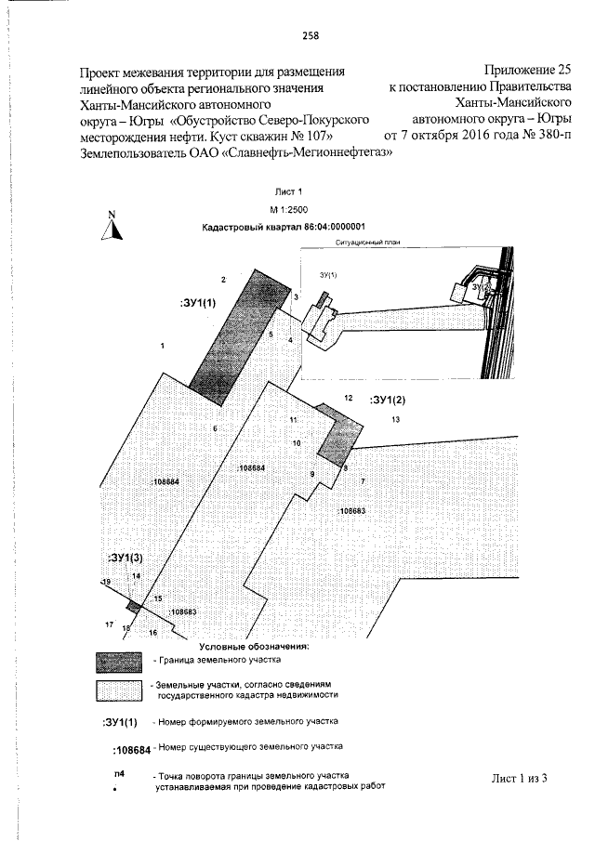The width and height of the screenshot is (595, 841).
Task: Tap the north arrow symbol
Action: pyautogui.click(x=112, y=226)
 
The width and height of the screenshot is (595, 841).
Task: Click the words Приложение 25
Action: pyautogui.click(x=528, y=70)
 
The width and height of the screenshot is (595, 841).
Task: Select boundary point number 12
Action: pyautogui.click(x=348, y=398)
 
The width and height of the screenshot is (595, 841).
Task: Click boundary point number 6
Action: pyautogui.click(x=214, y=427)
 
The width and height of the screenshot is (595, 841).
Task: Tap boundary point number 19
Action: pyautogui.click(x=105, y=581)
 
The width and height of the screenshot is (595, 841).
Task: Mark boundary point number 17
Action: pyautogui.click(x=109, y=623)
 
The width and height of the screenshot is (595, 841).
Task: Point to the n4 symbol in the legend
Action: pyautogui.click(x=118, y=774)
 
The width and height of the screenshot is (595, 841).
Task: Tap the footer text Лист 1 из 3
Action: pyautogui.click(x=519, y=778)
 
